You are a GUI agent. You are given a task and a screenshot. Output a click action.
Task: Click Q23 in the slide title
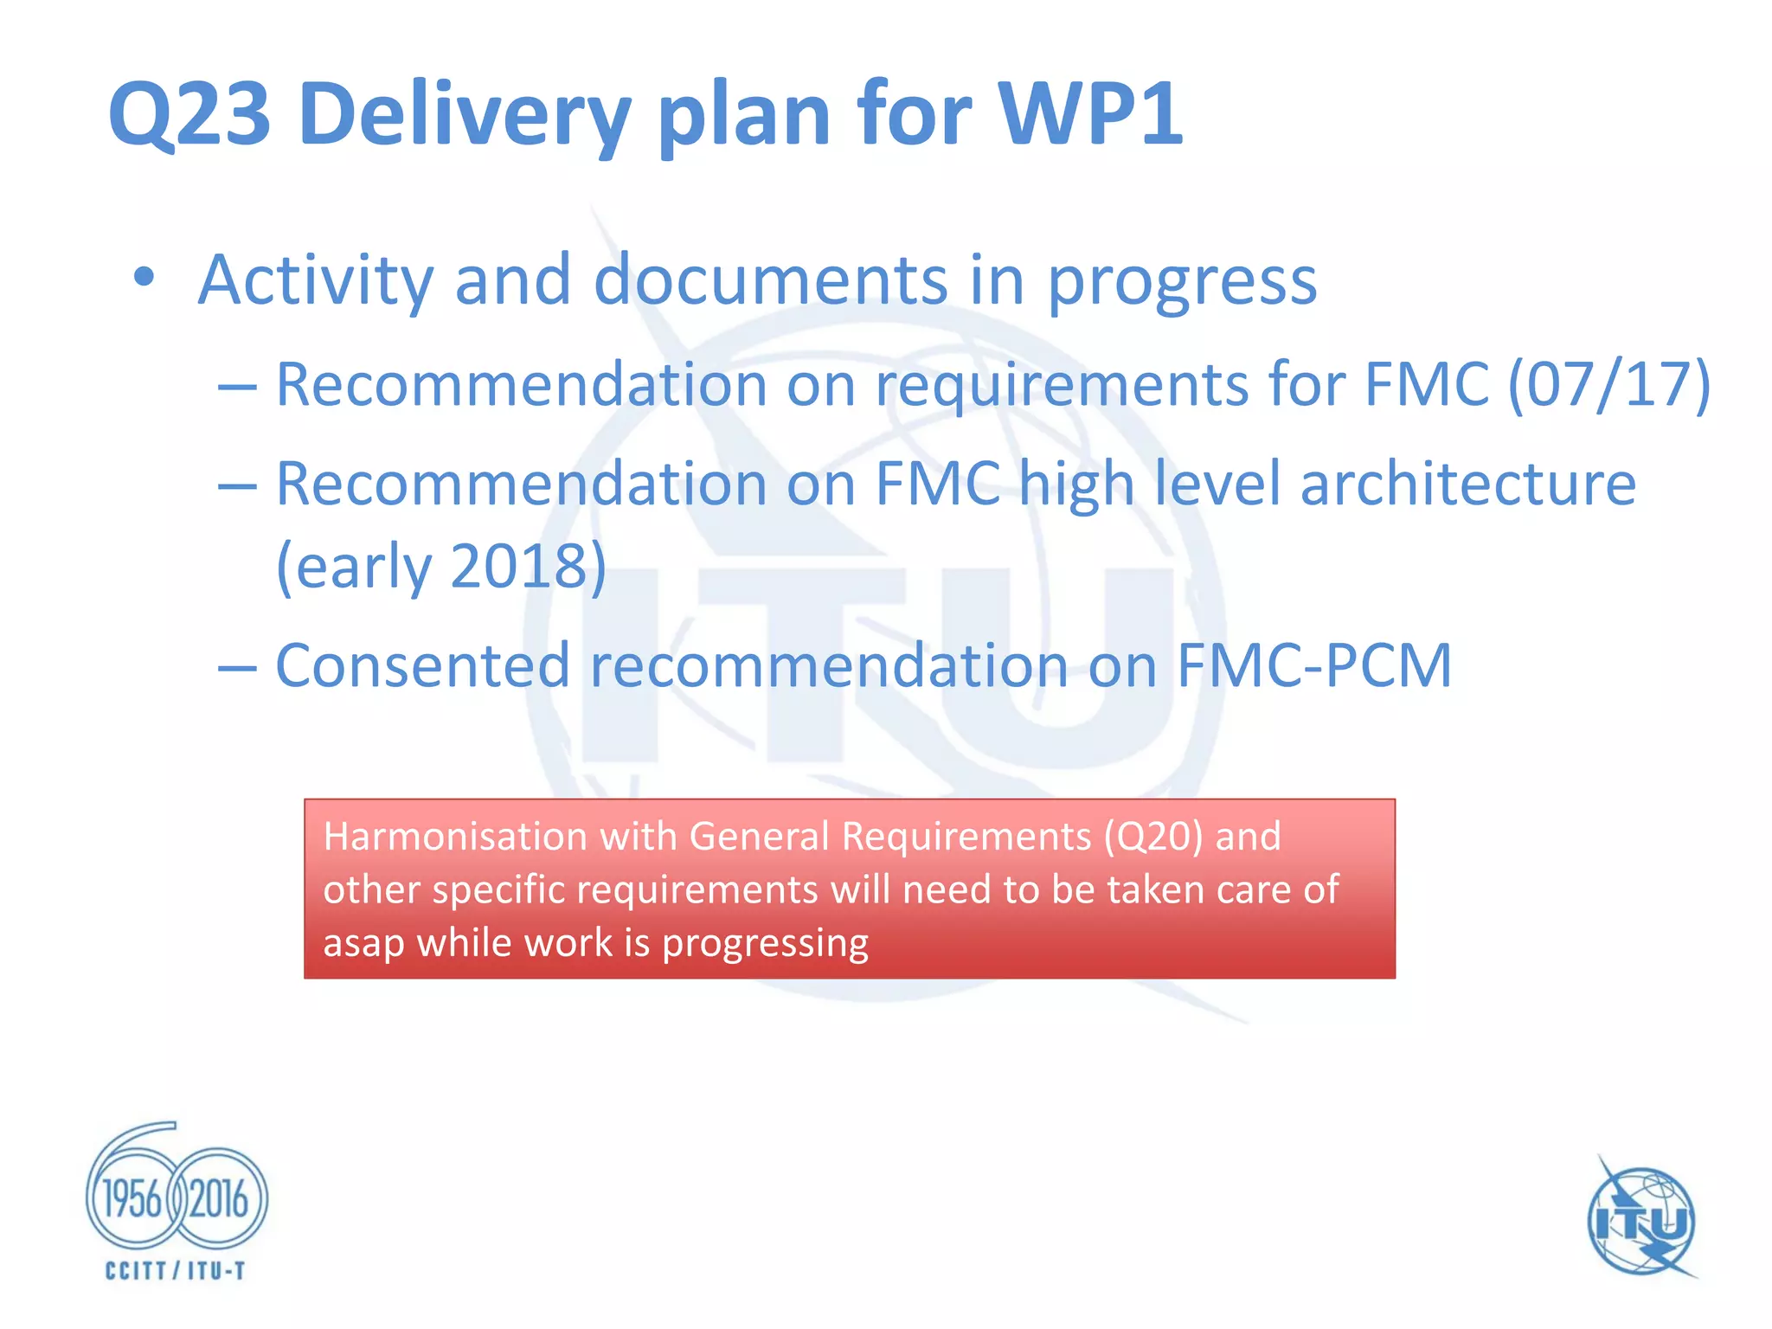pos(189,113)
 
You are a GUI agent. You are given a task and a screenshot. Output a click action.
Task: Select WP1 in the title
pos(1090,113)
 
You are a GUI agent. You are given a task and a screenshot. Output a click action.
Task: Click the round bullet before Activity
pos(144,279)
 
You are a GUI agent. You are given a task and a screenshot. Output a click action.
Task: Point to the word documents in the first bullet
pos(770,280)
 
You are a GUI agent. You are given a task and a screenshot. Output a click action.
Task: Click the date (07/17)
pos(1609,383)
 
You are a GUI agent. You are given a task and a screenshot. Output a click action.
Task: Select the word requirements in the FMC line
pos(1062,385)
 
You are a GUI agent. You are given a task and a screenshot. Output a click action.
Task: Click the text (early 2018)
pos(441,566)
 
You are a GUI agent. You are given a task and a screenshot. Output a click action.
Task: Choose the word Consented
pos(422,665)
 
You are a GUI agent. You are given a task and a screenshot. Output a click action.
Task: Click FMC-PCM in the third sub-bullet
pos(1313,665)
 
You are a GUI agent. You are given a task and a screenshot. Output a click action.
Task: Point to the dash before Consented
pos(237,668)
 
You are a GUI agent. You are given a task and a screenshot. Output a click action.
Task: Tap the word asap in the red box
pos(363,943)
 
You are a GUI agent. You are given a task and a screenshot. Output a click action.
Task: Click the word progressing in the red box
pos(765,943)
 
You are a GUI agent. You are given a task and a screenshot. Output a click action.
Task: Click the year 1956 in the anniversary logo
pos(132,1199)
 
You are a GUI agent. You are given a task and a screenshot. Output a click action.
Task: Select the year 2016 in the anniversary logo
pos(219,1199)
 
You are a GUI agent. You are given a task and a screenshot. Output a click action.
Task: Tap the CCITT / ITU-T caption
pos(176,1270)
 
